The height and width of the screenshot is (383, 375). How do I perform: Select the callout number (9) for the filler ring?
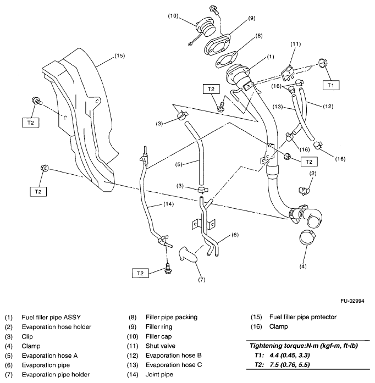252,18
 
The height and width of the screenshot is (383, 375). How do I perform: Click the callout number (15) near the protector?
119,55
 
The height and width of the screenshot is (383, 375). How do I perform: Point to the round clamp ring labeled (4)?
311,238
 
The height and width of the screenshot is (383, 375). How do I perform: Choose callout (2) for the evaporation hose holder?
312,174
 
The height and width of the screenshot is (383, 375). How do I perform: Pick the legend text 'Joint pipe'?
158,375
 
